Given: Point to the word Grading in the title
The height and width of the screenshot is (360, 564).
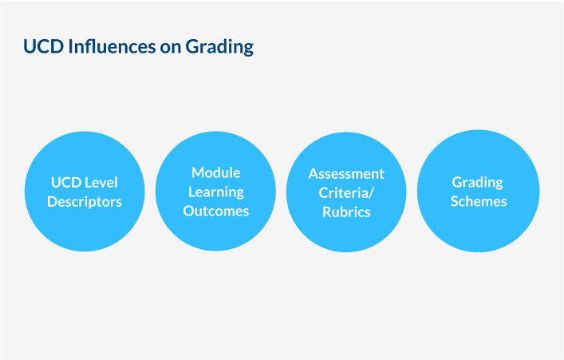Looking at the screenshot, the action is (x=219, y=47).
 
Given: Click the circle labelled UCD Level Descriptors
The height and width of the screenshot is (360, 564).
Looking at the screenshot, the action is (x=85, y=192).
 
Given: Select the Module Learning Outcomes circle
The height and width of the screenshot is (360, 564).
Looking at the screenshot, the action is (x=216, y=191).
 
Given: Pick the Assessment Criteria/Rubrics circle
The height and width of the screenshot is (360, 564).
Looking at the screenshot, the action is (x=346, y=192).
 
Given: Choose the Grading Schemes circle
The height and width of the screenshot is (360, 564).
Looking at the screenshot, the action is (x=479, y=191).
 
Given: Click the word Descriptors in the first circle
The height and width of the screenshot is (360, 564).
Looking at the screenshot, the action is (x=85, y=202).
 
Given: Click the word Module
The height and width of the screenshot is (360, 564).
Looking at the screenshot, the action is (x=216, y=172).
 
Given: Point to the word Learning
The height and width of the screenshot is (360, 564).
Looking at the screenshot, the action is (x=216, y=192).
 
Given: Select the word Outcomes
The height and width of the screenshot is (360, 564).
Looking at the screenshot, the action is (x=216, y=211).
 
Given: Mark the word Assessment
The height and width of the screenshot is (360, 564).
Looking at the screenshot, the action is (x=346, y=174).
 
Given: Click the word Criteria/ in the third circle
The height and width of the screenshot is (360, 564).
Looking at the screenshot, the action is (x=346, y=193).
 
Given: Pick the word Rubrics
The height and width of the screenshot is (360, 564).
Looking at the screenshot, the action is (x=346, y=212).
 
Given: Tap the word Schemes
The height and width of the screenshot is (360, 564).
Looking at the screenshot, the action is (x=479, y=201).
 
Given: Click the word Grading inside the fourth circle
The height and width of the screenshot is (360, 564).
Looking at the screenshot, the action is (x=478, y=183).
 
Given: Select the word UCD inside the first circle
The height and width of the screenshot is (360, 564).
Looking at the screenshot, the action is (x=66, y=183).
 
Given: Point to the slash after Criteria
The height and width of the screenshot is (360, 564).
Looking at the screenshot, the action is (x=372, y=193).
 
